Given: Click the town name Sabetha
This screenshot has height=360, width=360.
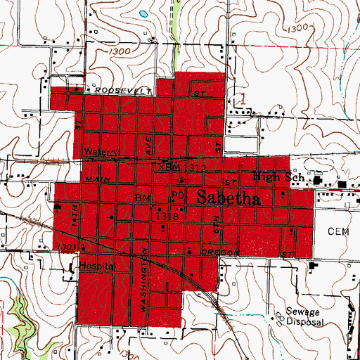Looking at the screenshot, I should click(x=229, y=198).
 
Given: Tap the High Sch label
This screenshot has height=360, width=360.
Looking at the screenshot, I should click(x=277, y=176).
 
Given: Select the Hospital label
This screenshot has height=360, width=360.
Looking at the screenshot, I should click(x=96, y=267).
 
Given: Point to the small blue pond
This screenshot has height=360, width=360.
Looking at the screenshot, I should click(x=143, y=13).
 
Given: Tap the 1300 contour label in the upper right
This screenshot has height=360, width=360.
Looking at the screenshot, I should click(x=300, y=27).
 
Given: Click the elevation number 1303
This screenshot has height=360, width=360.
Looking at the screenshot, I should click(x=67, y=247).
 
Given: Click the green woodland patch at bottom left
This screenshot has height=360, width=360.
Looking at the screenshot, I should click(x=21, y=309).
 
